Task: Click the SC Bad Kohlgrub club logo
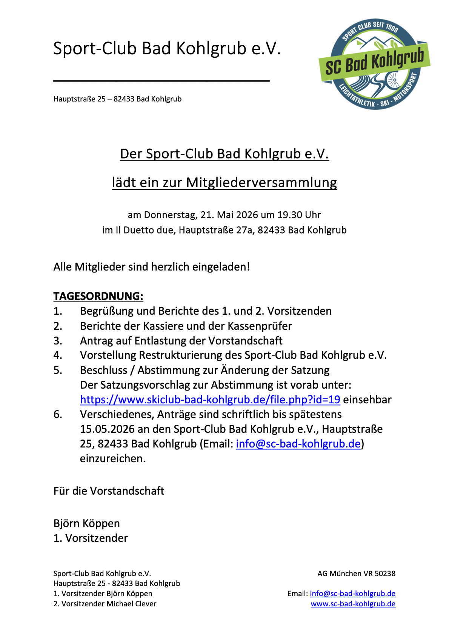click(x=374, y=64)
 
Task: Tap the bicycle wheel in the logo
click(x=393, y=80)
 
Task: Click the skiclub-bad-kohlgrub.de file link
click(x=210, y=400)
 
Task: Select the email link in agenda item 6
click(x=298, y=444)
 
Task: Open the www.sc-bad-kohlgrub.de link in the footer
click(x=353, y=604)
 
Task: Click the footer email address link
click(x=353, y=593)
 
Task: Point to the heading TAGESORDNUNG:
click(x=98, y=296)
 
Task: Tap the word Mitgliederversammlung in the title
click(x=261, y=183)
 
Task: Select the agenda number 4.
click(x=57, y=355)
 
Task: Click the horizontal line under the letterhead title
click(x=161, y=80)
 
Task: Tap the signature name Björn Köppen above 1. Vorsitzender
click(x=87, y=523)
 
